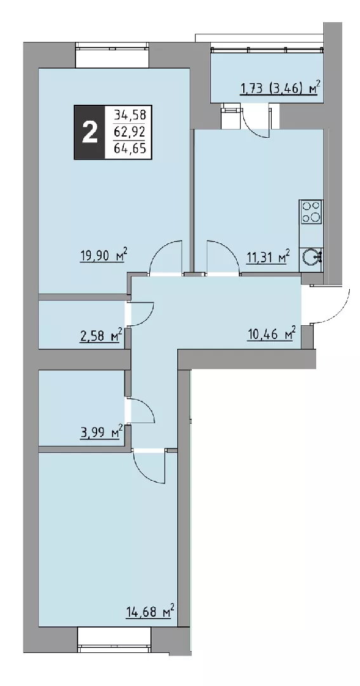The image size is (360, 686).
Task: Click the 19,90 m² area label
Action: (x=103, y=255)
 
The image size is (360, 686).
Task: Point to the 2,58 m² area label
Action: (x=100, y=337)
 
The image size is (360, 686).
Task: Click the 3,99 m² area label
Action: (x=100, y=433)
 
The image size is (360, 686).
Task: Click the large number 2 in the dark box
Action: (x=90, y=132)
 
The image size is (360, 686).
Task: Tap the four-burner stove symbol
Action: (x=311, y=212)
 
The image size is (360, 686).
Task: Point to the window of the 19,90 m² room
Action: (x=112, y=55)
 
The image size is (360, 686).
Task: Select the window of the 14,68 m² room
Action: (x=114, y=640)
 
